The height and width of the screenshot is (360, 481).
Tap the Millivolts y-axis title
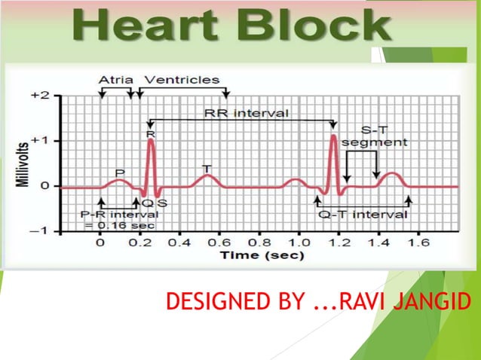pos(25,163)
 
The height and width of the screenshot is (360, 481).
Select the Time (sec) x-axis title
pos(262,255)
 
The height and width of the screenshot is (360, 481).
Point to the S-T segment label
pos(374,136)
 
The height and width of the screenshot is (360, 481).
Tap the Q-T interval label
pos(363,214)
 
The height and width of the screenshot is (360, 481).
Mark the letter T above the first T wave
pos(206,167)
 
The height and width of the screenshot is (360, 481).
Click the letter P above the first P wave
pos(119,173)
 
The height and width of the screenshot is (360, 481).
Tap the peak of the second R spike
pos(333,136)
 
